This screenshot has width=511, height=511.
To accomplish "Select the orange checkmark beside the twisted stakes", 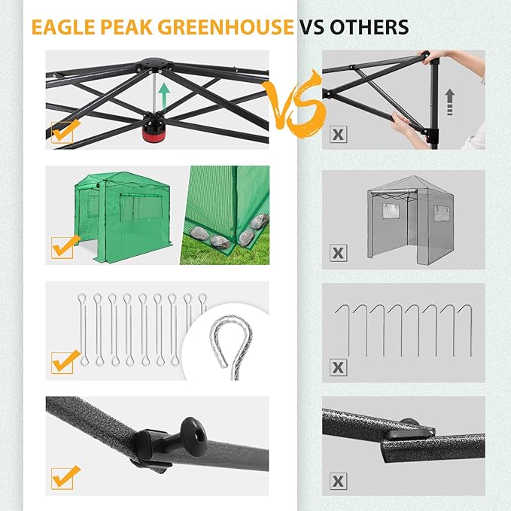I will coord(63,360).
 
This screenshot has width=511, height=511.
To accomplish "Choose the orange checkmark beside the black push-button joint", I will coord(63,476).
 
